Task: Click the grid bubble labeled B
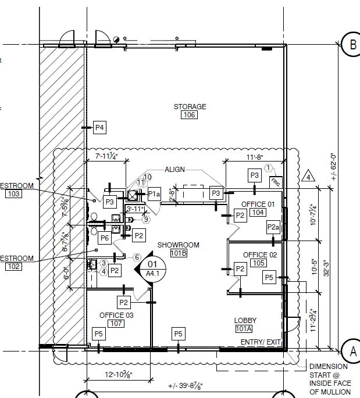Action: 351,44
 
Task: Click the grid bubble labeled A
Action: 351,350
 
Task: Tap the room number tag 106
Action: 190,115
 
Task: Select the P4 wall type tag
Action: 99,127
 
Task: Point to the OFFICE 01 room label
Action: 258,204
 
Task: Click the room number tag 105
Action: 258,264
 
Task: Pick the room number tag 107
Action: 116,324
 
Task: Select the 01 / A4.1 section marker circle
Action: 153,268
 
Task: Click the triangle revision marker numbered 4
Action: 309,175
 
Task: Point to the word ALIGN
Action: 174,170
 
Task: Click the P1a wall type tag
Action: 154,194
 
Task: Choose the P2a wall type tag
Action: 273,226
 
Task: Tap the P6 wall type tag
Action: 105,238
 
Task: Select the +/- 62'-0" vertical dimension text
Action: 333,167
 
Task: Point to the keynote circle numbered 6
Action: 137,257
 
